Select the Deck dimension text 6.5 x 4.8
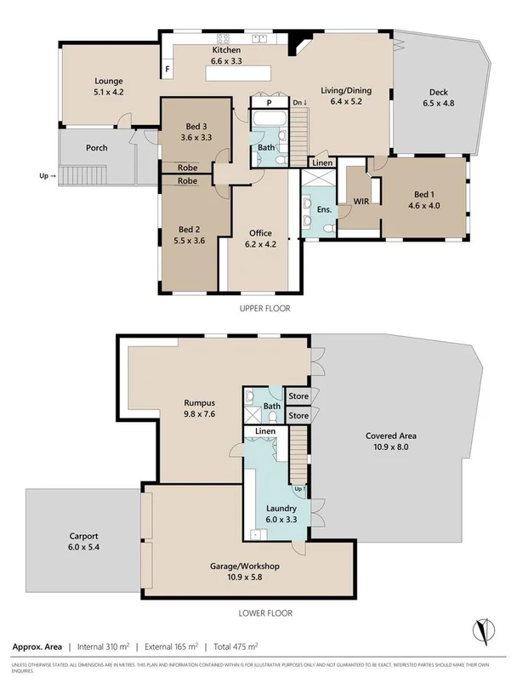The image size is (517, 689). pos(440,103)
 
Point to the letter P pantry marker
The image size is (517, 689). pos(269,101)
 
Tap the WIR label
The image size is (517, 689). pos(363,202)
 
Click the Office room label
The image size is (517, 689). pos(260,232)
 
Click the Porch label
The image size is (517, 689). pos(97,147)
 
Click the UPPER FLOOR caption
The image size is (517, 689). pos(264,309)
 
